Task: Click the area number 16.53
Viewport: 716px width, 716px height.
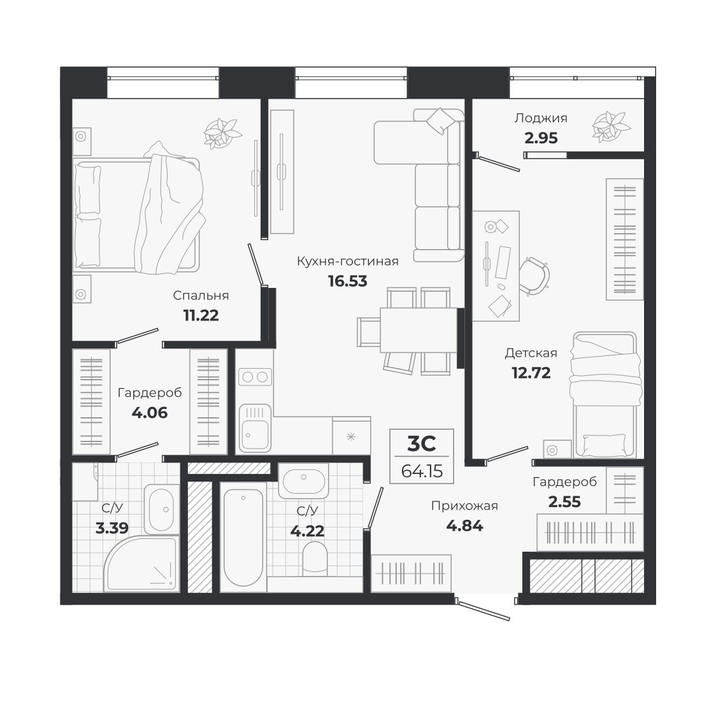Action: [x=348, y=281]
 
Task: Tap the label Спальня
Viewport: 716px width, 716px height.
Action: [x=201, y=296]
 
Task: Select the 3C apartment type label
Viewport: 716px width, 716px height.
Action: [x=422, y=443]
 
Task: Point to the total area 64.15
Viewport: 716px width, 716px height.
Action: [x=422, y=471]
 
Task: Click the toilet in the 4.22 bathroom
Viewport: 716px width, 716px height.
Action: [x=315, y=558]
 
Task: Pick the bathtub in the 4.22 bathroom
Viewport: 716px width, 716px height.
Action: [x=243, y=538]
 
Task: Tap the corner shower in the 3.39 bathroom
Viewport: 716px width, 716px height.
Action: [x=141, y=563]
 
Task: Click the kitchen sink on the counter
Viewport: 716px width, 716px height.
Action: [x=255, y=428]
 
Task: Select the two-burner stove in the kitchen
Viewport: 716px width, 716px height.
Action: [x=255, y=376]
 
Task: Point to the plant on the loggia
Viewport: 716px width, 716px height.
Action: [x=611, y=125]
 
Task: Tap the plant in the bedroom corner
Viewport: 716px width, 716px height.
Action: [x=222, y=133]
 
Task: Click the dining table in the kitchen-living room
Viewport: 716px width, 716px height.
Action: [x=419, y=330]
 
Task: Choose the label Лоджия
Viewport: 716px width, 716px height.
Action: [x=541, y=118]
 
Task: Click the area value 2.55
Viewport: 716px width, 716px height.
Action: [x=564, y=502]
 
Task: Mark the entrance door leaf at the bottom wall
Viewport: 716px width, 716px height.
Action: [x=484, y=611]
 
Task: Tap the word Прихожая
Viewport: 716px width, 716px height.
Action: [x=464, y=506]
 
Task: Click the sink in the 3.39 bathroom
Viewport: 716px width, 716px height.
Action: [x=162, y=510]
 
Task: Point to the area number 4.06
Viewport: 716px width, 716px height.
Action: [x=149, y=413]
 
